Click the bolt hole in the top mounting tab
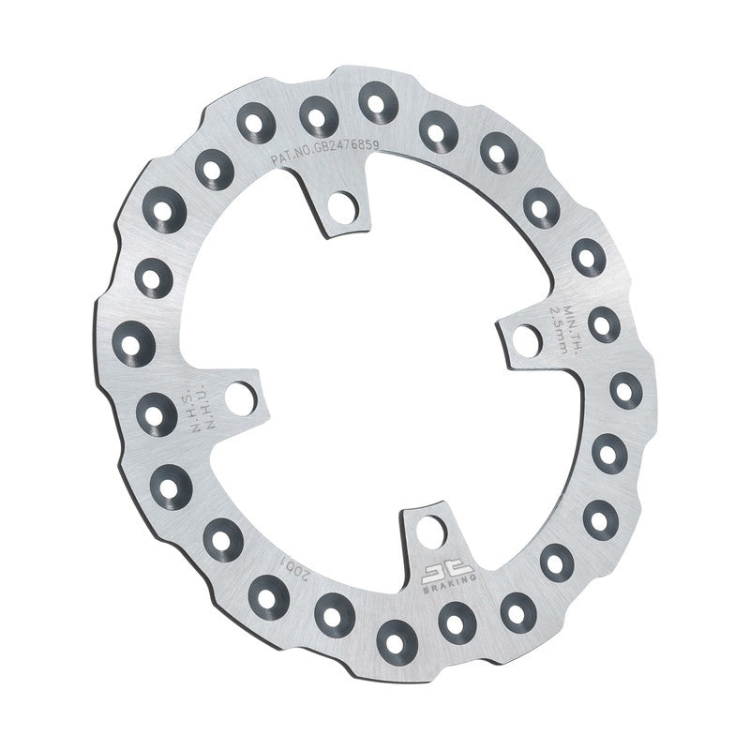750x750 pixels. tap(343, 204)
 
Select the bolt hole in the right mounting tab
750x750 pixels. tap(527, 340)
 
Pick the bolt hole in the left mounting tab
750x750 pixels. tap(241, 397)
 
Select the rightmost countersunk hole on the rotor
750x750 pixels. tap(625, 389)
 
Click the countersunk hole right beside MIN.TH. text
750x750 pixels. tap(603, 322)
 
